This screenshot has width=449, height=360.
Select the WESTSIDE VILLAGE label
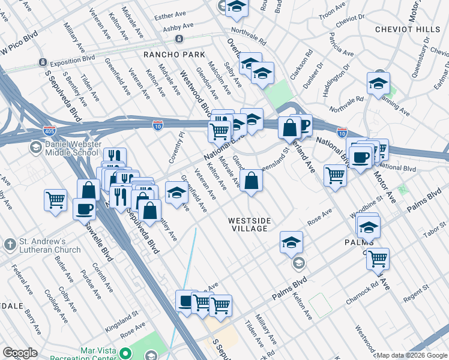click(249, 225)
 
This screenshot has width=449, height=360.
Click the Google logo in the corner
click(20, 353)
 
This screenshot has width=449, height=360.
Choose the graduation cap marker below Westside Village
click(291, 242)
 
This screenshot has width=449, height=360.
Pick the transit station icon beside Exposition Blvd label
click(42, 62)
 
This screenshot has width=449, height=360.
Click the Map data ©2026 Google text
click(411, 355)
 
